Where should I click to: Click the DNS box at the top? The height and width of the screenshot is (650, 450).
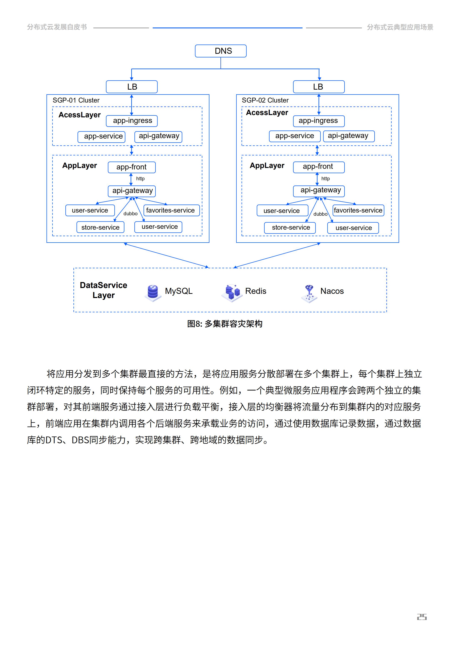tap(220, 51)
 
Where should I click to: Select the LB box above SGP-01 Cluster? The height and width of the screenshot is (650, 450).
tap(132, 87)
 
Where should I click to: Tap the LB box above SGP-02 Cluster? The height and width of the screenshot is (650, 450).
tap(319, 87)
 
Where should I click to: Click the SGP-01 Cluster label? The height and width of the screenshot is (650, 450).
tap(76, 100)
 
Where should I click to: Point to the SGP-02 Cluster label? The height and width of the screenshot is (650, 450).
tap(265, 100)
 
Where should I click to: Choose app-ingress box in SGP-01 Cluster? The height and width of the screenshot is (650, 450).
tap(132, 121)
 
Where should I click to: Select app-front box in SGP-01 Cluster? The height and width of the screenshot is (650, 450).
tap(132, 167)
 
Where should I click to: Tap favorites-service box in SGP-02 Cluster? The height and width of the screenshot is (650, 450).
tap(358, 210)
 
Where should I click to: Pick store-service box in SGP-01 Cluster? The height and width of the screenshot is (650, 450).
tap(100, 227)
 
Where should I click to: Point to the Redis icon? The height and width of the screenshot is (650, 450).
tap(232, 292)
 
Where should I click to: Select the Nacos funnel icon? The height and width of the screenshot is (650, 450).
tap(309, 293)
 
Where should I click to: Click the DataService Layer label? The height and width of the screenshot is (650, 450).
tap(104, 290)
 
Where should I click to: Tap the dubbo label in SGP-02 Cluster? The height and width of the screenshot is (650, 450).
tap(320, 214)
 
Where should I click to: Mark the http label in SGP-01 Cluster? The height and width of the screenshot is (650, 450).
tap(140, 179)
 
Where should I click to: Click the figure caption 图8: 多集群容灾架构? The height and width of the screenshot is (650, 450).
tap(225, 324)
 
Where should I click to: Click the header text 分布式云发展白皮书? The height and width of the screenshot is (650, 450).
tap(57, 27)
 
